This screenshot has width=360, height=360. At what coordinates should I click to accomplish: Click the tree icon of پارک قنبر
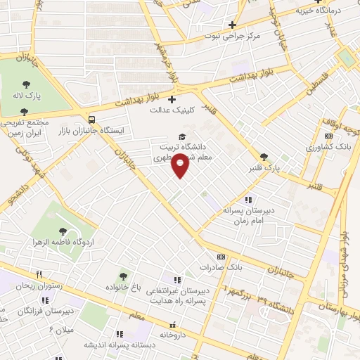[x=264, y=157]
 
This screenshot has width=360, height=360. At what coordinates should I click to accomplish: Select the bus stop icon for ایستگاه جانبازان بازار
[x=92, y=119]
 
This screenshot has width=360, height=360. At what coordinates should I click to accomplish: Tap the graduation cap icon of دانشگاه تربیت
[x=182, y=136]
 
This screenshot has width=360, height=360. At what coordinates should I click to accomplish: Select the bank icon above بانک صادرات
[x=221, y=257]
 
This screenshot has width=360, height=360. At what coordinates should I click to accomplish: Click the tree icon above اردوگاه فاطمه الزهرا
[x=63, y=230]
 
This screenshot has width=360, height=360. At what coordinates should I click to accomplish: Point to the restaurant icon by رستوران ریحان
[x=39, y=275]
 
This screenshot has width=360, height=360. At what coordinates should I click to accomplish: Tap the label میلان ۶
[x=62, y=329]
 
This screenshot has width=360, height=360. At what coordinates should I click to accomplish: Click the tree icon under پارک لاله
[x=25, y=111]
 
